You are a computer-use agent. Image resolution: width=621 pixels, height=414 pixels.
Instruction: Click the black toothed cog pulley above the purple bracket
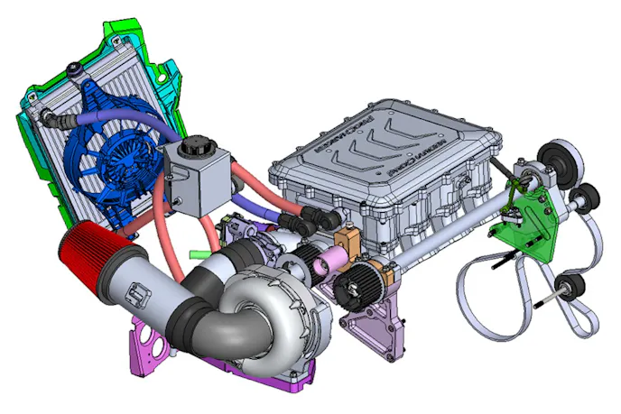pyautogui.click(x=355, y=290)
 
